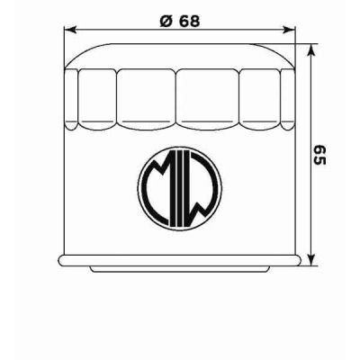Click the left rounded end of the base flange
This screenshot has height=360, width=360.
coord(60,260)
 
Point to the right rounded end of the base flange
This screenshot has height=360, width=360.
coord(299,260)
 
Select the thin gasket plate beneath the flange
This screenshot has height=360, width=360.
coord(180,268)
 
